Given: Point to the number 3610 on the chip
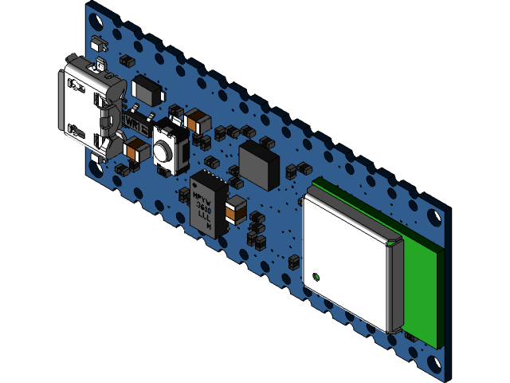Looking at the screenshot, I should (204, 206).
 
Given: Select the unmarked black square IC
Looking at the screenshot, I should (259, 164).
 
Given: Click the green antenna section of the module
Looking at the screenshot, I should (422, 287).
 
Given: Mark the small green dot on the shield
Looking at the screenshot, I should (316, 277).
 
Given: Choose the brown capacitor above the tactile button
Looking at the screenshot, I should (196, 121).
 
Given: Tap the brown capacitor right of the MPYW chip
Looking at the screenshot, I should (236, 210).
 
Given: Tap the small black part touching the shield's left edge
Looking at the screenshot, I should (295, 259).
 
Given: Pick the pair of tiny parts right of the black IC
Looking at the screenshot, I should (298, 169).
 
